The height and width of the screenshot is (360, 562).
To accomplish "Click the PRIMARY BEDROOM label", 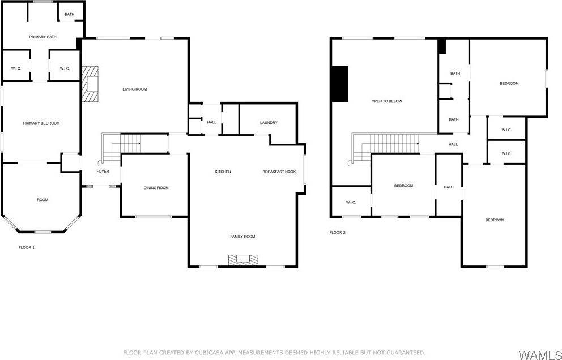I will [41, 123].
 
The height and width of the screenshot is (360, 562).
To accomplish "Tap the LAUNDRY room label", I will [269, 123].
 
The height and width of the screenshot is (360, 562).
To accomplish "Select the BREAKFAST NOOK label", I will [279, 172].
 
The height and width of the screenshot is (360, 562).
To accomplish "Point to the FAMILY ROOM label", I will [242, 237].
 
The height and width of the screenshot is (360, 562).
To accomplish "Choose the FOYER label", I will [103, 171].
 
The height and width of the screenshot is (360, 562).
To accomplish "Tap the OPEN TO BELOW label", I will [387, 101].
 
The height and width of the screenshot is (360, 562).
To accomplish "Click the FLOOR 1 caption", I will [27, 247].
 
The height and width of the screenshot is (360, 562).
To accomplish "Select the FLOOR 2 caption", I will [338, 232].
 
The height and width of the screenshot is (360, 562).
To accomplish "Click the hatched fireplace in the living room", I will [90, 84].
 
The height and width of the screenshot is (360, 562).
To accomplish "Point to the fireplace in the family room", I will [243, 260].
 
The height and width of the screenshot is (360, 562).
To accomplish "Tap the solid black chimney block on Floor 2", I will [339, 84].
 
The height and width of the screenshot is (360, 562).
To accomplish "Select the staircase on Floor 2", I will [391, 143].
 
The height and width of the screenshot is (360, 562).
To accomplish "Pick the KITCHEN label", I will [223, 172].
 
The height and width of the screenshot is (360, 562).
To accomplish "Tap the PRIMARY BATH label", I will [43, 37].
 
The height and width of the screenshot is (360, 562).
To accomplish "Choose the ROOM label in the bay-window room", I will [42, 199].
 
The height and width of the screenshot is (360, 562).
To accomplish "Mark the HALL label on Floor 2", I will [453, 144].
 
